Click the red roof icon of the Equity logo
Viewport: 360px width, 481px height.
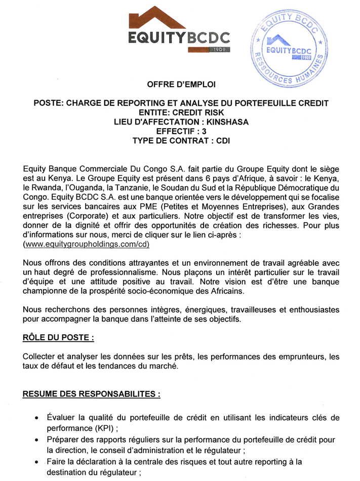tap(157, 18)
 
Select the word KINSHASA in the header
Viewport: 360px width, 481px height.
tap(223, 122)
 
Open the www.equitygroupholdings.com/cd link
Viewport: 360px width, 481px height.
tap(87, 244)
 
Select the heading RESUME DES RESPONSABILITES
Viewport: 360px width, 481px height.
tap(92, 393)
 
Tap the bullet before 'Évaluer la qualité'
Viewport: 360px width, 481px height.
tap(36, 418)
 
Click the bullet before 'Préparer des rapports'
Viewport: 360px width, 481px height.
tap(36, 439)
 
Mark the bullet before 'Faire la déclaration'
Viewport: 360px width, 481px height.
tap(36, 462)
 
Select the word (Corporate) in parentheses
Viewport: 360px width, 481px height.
tap(91, 216)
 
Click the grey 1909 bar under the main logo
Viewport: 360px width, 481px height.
tap(209, 49)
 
